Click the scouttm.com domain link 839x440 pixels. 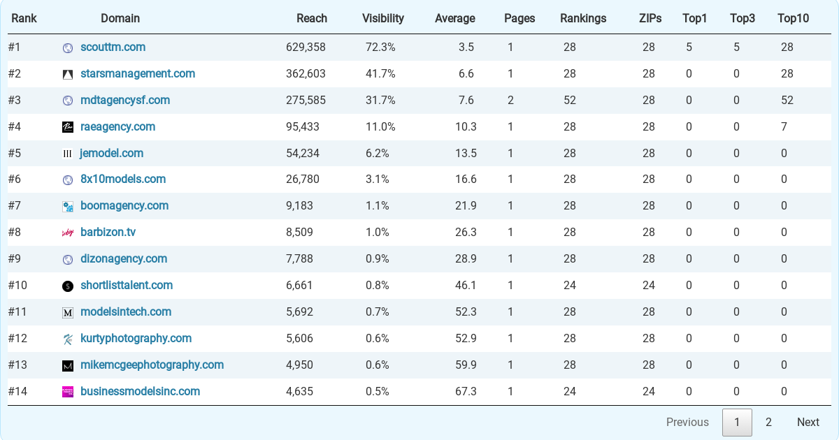(113, 47)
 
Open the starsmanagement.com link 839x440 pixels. (138, 74)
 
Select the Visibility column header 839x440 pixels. (383, 18)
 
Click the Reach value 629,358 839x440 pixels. (306, 47)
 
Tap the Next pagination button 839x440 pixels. (808, 422)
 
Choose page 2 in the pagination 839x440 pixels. (768, 422)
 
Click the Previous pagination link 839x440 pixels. (687, 422)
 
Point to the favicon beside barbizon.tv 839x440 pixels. (67, 233)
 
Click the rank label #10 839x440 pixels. (17, 286)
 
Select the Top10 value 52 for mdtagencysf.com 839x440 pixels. (787, 101)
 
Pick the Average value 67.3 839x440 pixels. (466, 391)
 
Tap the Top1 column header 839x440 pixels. (694, 18)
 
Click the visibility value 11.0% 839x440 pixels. (380, 127)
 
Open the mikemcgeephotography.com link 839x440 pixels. (152, 365)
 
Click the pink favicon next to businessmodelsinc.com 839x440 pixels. (67, 392)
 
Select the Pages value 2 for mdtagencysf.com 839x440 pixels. (510, 101)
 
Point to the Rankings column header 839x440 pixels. (583, 18)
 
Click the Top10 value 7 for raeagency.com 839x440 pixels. (784, 127)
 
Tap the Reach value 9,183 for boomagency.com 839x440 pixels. (299, 206)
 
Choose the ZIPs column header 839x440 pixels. (650, 18)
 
